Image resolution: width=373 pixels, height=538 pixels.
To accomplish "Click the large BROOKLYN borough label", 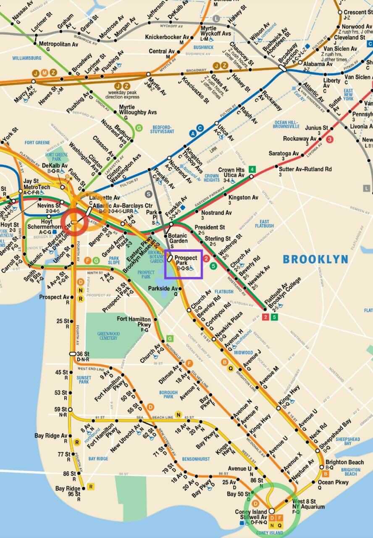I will click(x=315, y=259).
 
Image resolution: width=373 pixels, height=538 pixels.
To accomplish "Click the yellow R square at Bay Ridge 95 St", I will click(x=90, y=487).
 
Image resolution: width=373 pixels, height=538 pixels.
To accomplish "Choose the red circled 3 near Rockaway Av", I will click(x=330, y=139).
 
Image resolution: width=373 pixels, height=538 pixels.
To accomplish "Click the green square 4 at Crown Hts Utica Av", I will click(x=252, y=169).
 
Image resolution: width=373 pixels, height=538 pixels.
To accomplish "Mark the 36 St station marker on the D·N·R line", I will click(x=72, y=353).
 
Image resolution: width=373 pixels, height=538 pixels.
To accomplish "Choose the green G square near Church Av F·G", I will click(x=170, y=338).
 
